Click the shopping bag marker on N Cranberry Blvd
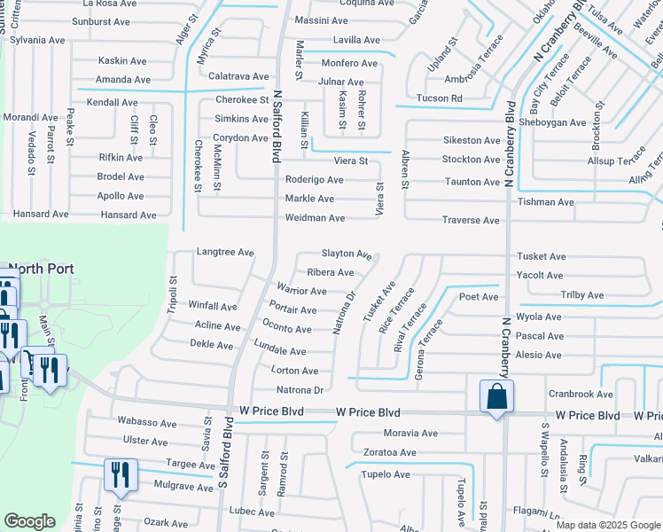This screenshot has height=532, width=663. (x=496, y=396)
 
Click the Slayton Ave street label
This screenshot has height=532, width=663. (x=347, y=254)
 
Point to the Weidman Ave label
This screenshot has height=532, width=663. (x=315, y=218)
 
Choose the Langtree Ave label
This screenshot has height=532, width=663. (x=225, y=252)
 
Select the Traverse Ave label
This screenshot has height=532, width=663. (x=472, y=220)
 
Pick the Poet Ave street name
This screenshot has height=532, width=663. (x=479, y=297)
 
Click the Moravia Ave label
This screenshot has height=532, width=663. (x=410, y=434)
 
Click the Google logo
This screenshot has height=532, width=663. (x=30, y=522)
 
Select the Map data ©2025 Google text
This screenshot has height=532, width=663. (x=608, y=525)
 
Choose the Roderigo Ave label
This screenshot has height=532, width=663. (x=314, y=179)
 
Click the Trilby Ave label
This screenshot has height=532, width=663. (x=582, y=295)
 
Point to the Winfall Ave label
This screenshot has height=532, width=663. (x=213, y=306)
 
